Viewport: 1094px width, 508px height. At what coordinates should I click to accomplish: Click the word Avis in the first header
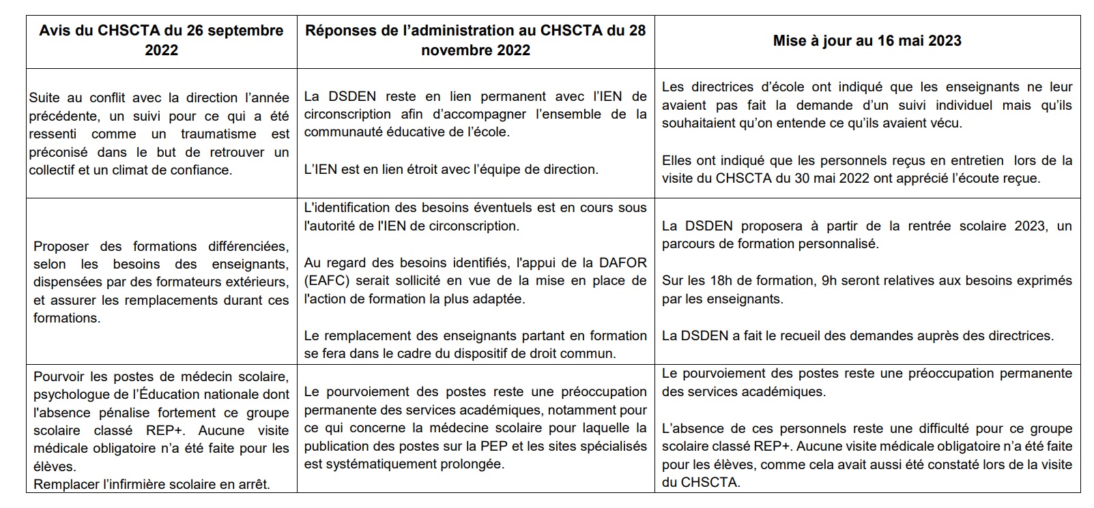click(53, 31)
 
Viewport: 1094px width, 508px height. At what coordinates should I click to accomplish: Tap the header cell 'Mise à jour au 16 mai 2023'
click(867, 41)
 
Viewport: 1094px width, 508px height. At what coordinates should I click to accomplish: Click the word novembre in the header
click(452, 50)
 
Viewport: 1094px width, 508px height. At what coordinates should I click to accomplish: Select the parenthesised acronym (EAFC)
click(326, 280)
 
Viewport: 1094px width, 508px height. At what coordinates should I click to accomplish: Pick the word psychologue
click(70, 395)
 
